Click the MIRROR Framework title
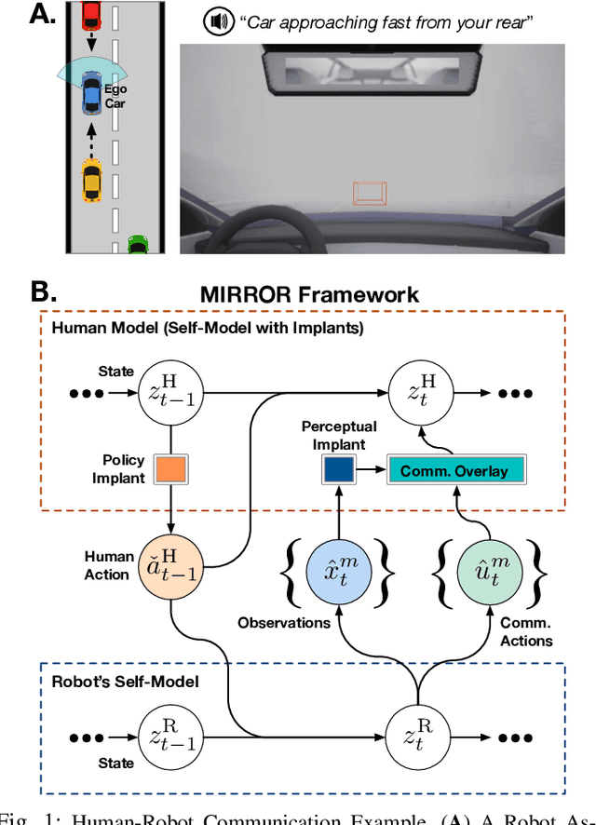pyautogui.click(x=309, y=295)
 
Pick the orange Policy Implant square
pyautogui.click(x=171, y=467)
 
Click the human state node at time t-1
pyautogui.click(x=171, y=392)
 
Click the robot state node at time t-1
pyautogui.click(x=171, y=736)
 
